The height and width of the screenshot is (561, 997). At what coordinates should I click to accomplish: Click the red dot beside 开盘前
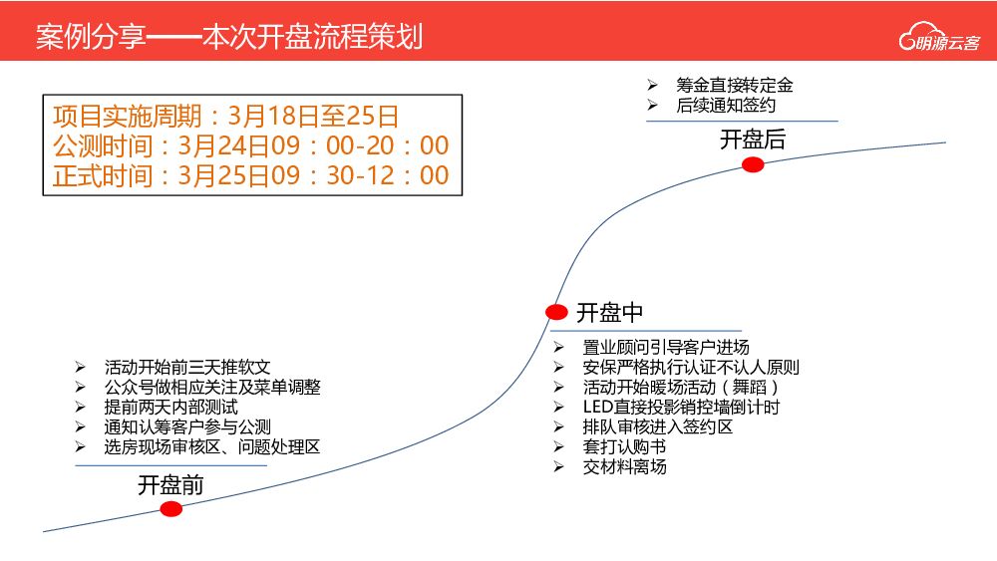click(x=171, y=509)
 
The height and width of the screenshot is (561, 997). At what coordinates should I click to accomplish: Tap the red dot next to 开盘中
click(x=556, y=312)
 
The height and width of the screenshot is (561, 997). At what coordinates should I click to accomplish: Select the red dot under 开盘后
click(x=753, y=165)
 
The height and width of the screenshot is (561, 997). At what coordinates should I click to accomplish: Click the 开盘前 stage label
click(x=170, y=485)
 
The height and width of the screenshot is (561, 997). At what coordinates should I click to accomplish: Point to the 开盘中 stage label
click(x=609, y=313)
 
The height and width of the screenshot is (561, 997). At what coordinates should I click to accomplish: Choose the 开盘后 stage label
click(x=753, y=140)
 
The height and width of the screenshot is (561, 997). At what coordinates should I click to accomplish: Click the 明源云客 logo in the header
click(x=939, y=42)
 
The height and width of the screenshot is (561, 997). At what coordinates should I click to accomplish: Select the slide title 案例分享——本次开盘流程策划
click(x=228, y=37)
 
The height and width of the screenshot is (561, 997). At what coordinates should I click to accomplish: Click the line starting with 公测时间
click(x=250, y=145)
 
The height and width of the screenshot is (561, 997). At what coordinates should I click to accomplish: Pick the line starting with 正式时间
click(x=250, y=175)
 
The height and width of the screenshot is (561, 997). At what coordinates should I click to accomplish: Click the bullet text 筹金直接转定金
click(x=734, y=86)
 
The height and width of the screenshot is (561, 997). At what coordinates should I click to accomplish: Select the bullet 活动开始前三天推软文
click(x=187, y=367)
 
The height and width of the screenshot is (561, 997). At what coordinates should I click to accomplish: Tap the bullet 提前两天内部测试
click(x=170, y=407)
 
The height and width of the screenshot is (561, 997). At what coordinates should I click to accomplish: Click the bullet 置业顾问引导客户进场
click(x=665, y=347)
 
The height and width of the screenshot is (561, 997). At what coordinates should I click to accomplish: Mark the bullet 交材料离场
click(x=624, y=466)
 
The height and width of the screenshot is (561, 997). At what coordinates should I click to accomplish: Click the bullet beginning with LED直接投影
click(x=681, y=407)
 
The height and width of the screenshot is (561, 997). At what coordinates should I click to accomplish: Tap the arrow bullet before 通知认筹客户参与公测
click(x=81, y=426)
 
